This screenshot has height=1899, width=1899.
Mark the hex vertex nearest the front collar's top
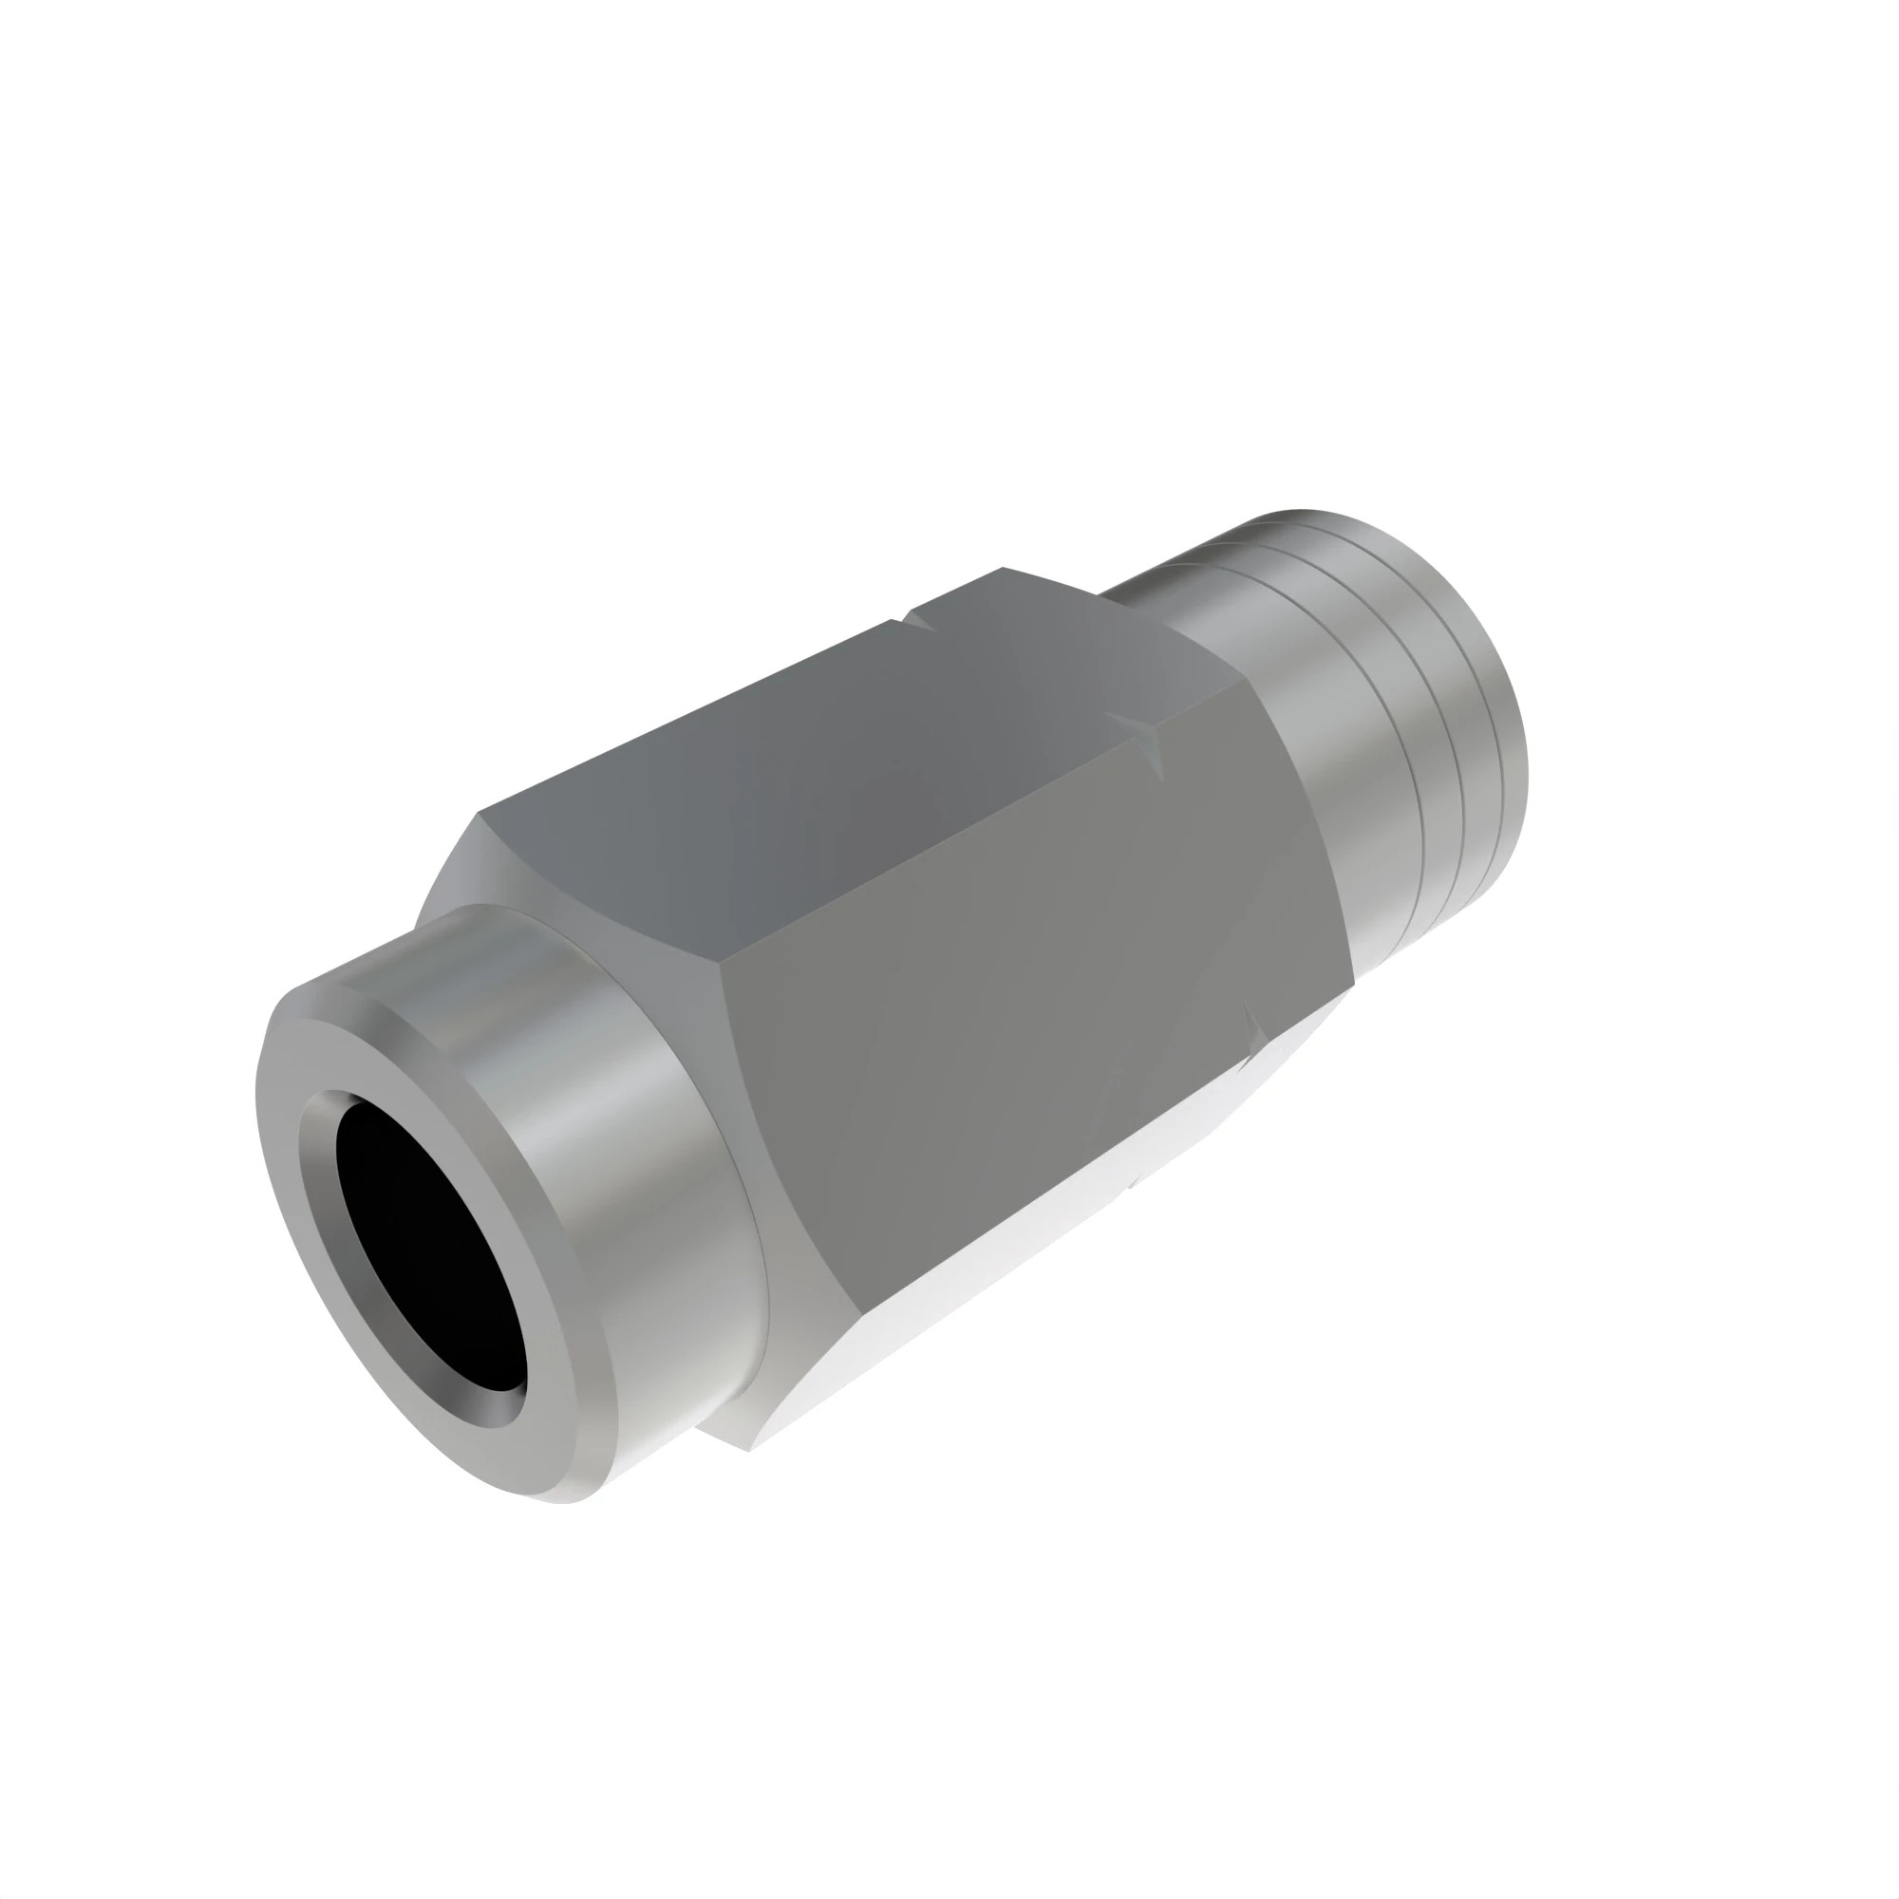click(479, 814)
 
